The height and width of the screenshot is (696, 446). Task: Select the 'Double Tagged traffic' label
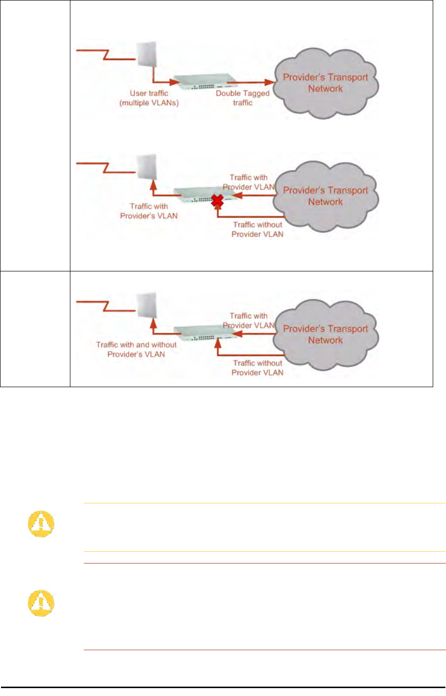243,98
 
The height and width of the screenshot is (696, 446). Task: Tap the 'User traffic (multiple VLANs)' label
149,98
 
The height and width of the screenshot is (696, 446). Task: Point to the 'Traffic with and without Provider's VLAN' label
136,349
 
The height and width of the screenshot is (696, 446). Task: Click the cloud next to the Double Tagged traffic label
325,83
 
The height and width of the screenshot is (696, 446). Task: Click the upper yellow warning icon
41,524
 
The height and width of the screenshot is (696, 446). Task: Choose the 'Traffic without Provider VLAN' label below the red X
257,230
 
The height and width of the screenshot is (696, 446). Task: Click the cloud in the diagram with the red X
325,196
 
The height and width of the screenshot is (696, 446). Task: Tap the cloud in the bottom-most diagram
325,334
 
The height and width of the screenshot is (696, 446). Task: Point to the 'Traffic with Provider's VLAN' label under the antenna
149,211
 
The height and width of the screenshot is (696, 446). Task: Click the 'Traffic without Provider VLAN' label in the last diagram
257,368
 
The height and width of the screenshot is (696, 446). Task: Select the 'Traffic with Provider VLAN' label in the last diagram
249,321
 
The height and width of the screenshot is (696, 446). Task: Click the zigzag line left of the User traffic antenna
103,55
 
